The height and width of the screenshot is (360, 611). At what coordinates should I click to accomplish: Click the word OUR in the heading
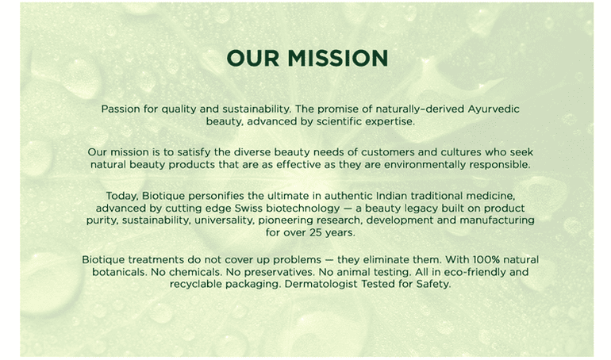click(253, 59)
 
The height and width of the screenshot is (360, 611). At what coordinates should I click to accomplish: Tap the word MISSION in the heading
click(338, 59)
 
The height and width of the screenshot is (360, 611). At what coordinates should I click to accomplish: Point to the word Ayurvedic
click(494, 109)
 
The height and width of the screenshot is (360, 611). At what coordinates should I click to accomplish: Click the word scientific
click(339, 121)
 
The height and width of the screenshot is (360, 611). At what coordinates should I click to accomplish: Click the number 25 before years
click(315, 233)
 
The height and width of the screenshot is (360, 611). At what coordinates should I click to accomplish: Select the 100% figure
click(485, 259)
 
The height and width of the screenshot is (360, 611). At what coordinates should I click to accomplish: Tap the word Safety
click(433, 285)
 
